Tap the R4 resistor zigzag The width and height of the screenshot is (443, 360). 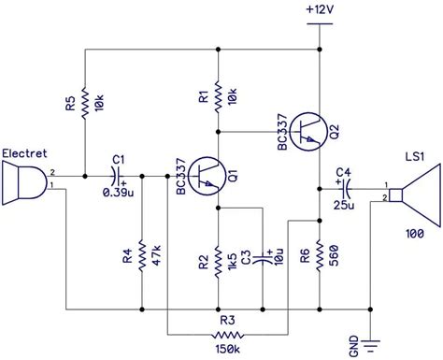pyautogui.click(x=141, y=254)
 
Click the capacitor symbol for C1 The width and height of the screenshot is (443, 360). pyautogui.click(x=116, y=175)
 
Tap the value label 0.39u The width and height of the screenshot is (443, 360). pyautogui.click(x=116, y=193)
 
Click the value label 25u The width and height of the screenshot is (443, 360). pyautogui.click(x=345, y=203)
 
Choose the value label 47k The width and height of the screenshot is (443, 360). pyautogui.click(x=156, y=254)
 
